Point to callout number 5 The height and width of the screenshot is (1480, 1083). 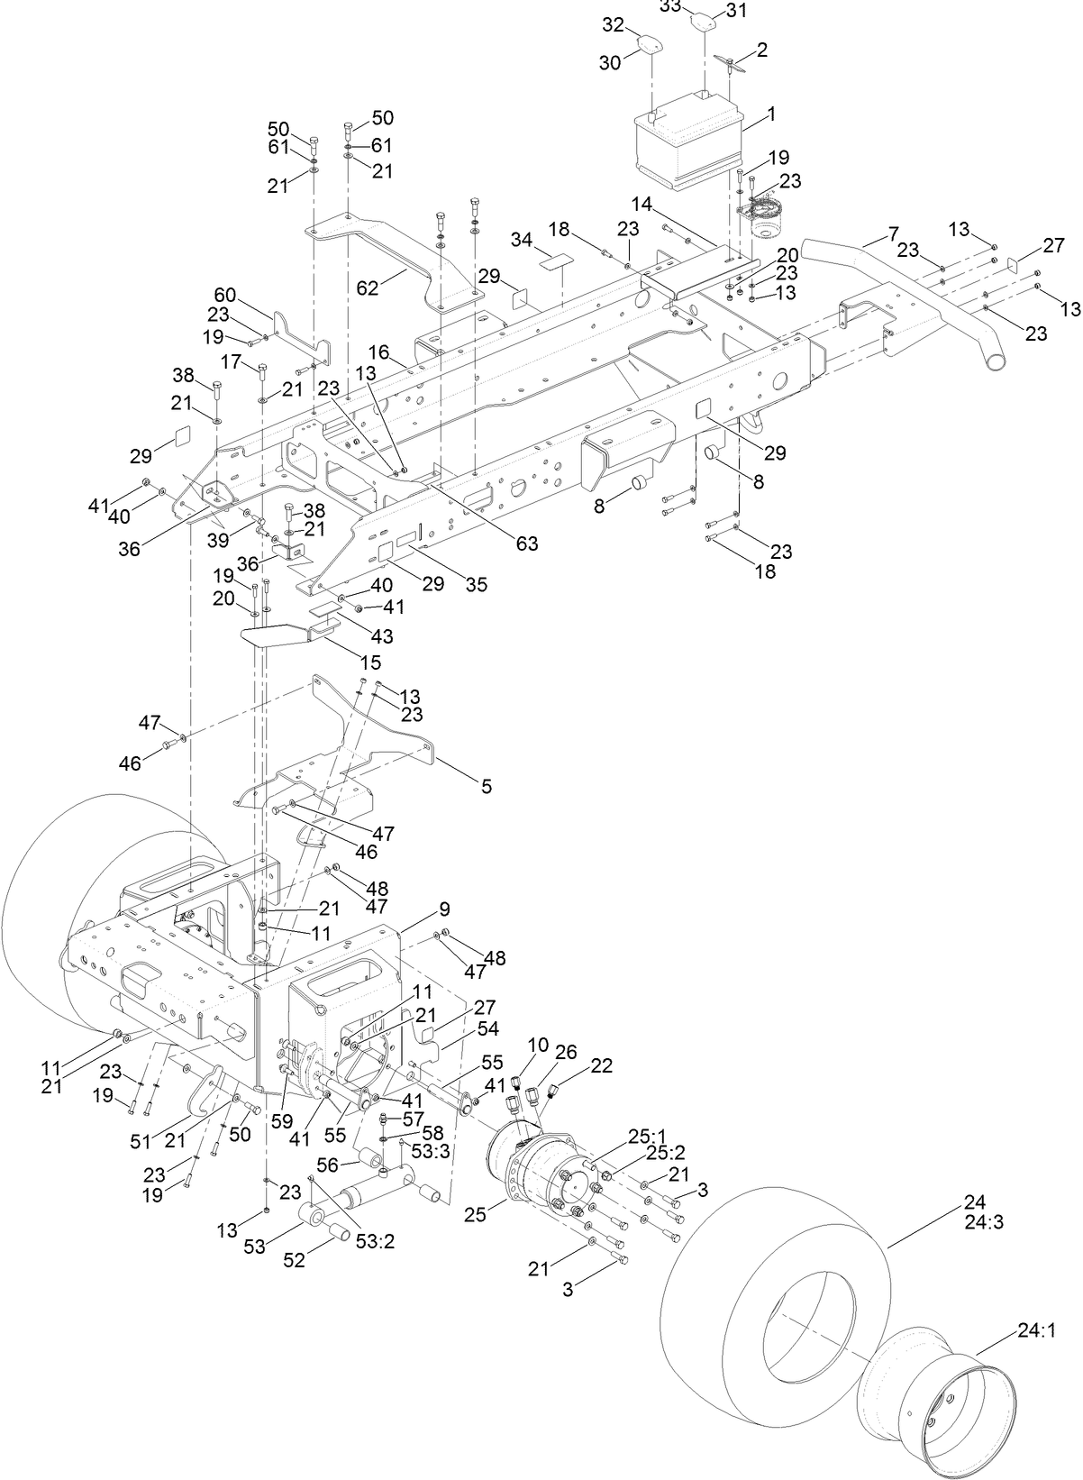(x=486, y=787)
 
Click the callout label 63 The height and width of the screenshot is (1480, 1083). (x=526, y=544)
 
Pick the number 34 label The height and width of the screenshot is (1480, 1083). (x=521, y=241)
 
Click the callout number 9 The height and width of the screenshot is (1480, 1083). (x=444, y=908)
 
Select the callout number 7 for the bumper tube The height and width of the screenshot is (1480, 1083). (x=893, y=234)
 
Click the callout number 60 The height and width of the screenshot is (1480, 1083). (x=224, y=295)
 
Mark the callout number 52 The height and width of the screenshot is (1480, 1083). (x=295, y=1260)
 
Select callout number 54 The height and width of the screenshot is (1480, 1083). (x=487, y=1028)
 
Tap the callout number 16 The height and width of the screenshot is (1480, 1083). (x=378, y=350)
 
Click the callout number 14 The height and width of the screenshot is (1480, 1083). (x=642, y=204)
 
